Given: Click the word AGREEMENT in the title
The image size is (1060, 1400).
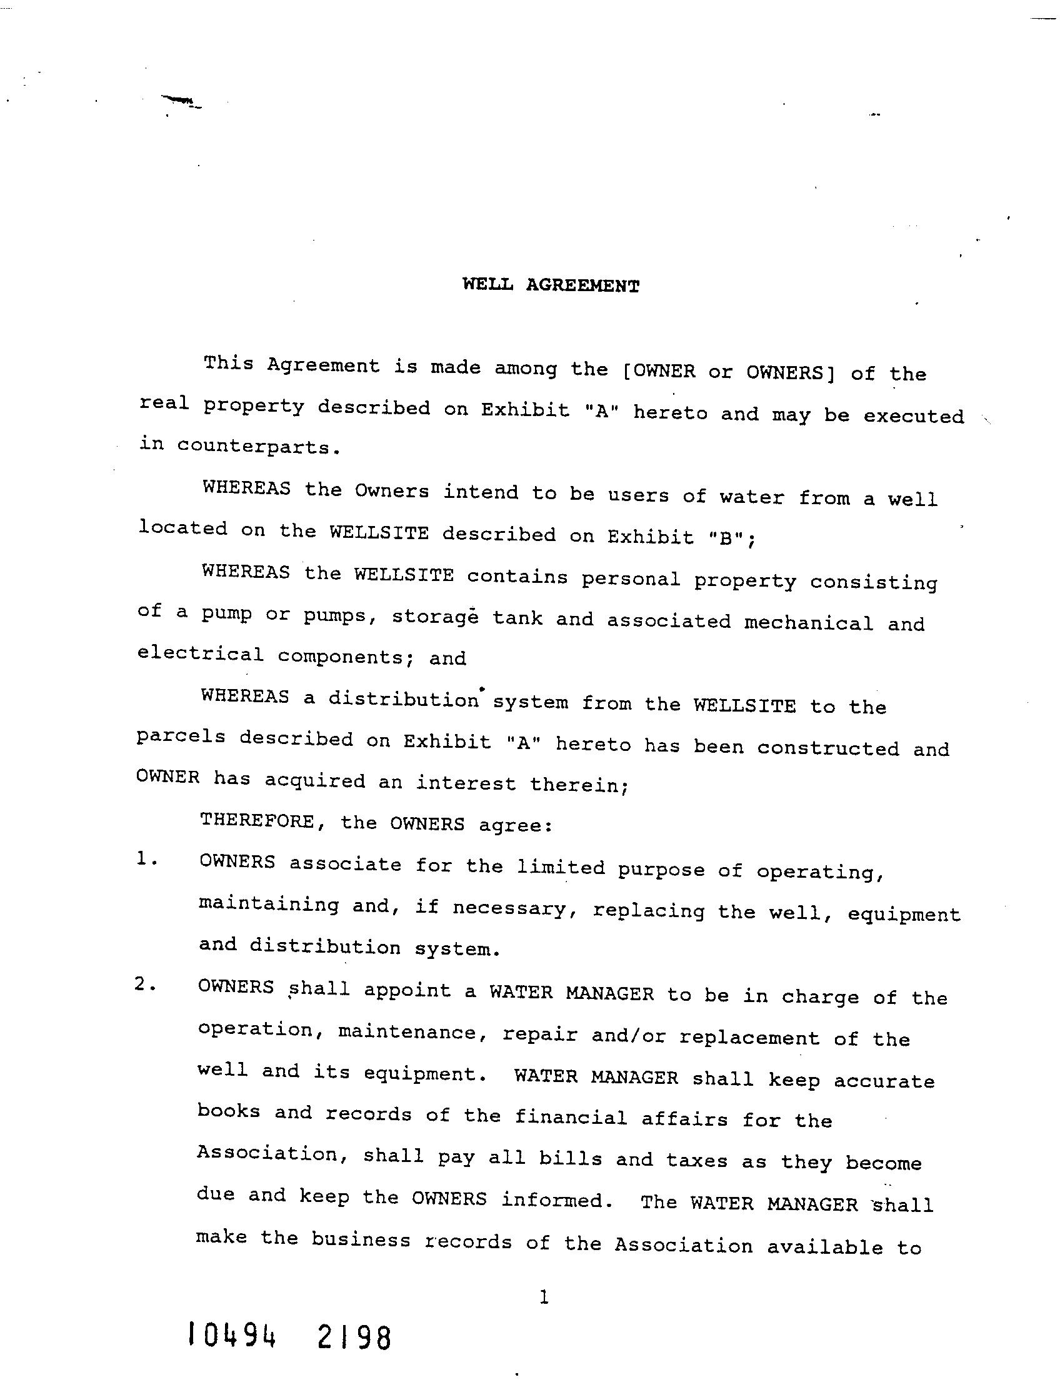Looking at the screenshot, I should (x=582, y=285).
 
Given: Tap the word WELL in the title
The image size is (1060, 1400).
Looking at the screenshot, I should (x=487, y=284).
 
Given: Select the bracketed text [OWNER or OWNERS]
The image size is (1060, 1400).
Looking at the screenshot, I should (x=729, y=372).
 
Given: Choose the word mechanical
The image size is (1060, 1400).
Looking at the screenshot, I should (x=809, y=623).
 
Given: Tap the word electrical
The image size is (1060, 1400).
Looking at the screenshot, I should (x=201, y=653).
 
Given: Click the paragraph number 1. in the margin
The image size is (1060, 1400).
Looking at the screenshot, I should (x=146, y=859).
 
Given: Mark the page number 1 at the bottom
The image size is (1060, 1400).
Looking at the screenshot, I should (x=543, y=1298).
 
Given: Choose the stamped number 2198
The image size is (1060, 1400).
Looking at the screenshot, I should (x=352, y=1339).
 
